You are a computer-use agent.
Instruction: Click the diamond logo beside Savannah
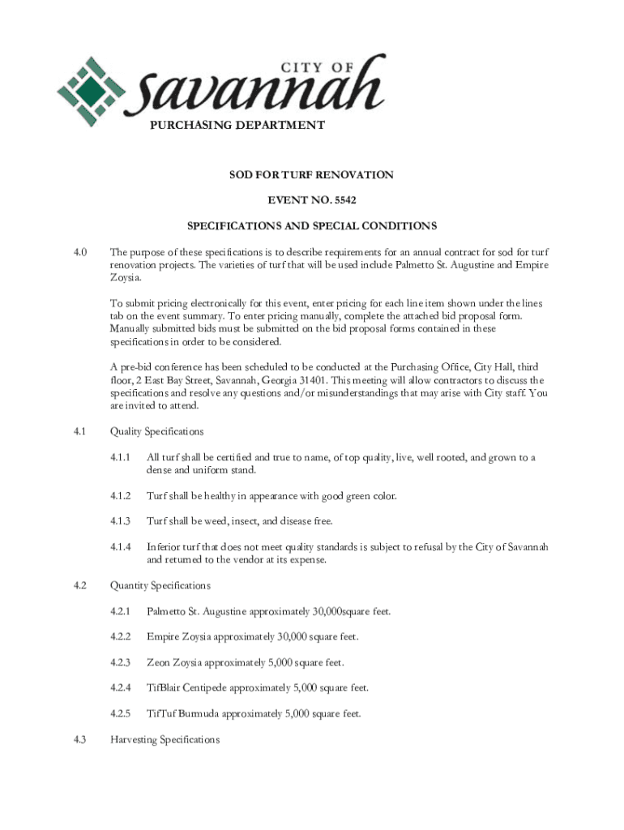pos(91,86)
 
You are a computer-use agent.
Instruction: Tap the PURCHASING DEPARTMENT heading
pos(237,126)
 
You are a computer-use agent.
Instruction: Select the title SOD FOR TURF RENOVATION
pos(312,175)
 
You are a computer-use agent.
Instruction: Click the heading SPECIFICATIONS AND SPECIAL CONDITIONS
pos(312,226)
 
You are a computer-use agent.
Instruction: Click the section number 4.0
pos(79,252)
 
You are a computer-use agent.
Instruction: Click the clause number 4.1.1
pos(119,457)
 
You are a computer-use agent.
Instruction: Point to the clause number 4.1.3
pos(119,520)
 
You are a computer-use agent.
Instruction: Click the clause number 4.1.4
pos(119,547)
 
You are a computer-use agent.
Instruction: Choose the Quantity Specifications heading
pos(160,585)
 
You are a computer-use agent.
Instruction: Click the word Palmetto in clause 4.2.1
pos(167,611)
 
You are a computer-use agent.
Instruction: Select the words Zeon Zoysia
pos(174,663)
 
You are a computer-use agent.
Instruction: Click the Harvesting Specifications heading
pos(165,740)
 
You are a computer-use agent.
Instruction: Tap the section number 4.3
pos(79,740)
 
